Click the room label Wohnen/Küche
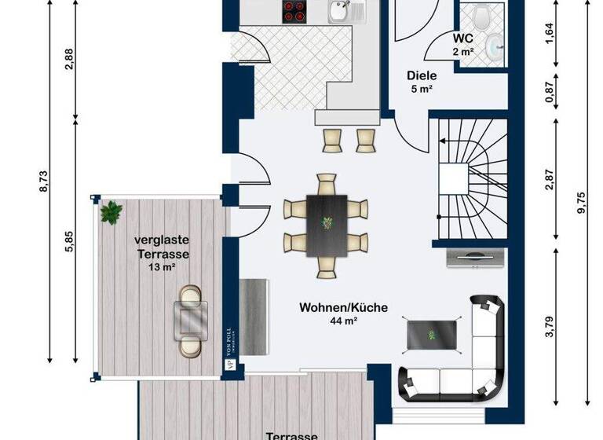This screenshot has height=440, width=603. click(343, 308)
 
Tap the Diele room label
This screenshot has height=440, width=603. click(421, 76)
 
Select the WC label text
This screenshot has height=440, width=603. click(462, 38)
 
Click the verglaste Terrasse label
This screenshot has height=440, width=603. click(162, 248)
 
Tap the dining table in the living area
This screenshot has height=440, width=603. click(326, 223)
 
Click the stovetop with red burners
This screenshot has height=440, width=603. click(295, 11)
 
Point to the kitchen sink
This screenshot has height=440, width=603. click(339, 11)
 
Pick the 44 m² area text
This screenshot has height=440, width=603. click(343, 321)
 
